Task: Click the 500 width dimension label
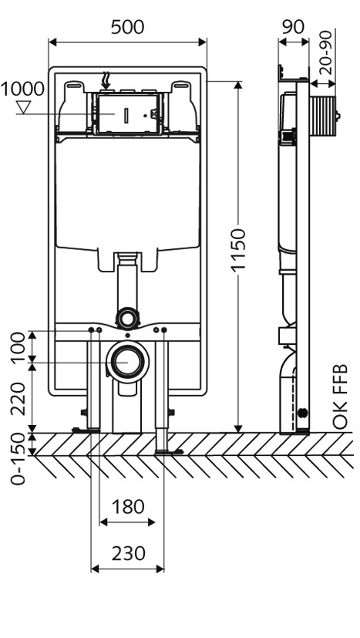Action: pos(127,27)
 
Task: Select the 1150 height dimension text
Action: pos(238,249)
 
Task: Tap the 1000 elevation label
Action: pos(22,89)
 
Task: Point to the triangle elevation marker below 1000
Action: pos(24,107)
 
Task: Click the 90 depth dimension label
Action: pos(293,27)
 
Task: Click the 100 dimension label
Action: pos(18,347)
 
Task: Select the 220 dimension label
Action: pos(18,399)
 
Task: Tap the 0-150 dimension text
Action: pos(18,458)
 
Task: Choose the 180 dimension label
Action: pos(127,508)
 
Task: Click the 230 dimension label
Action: pos(128,554)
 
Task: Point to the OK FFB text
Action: pos(340,397)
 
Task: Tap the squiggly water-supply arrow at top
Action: pos(106,80)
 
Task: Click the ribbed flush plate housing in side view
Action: pos(324,116)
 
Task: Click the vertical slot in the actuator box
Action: pos(126,115)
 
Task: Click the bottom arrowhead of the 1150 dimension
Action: pos(238,428)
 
